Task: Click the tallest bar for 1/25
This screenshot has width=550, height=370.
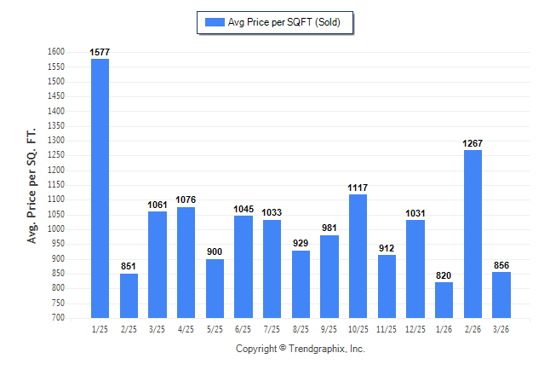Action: [100, 188]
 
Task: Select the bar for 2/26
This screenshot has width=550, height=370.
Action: [473, 234]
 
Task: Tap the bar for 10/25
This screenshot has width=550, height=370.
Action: [358, 256]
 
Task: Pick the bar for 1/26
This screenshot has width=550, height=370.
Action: [444, 299]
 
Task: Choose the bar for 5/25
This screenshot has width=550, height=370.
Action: [215, 288]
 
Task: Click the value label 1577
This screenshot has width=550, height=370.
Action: [100, 53]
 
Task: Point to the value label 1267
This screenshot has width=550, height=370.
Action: [473, 144]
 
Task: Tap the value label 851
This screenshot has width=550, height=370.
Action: [129, 267]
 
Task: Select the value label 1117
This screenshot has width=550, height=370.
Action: [358, 188]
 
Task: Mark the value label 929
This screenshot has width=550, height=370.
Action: [301, 244]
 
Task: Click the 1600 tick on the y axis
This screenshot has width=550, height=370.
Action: [56, 52]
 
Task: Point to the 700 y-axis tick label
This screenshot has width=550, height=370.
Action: [59, 318]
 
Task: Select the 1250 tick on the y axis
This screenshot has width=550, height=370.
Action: [56, 155]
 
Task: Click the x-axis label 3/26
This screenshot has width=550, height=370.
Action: [501, 328]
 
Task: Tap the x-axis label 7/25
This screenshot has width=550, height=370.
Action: [272, 328]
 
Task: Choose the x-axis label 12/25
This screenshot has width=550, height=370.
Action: [415, 328]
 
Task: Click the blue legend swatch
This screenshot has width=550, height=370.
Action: [213, 22]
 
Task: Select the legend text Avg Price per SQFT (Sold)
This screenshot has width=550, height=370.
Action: [284, 22]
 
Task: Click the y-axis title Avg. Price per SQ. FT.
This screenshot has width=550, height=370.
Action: [32, 185]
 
